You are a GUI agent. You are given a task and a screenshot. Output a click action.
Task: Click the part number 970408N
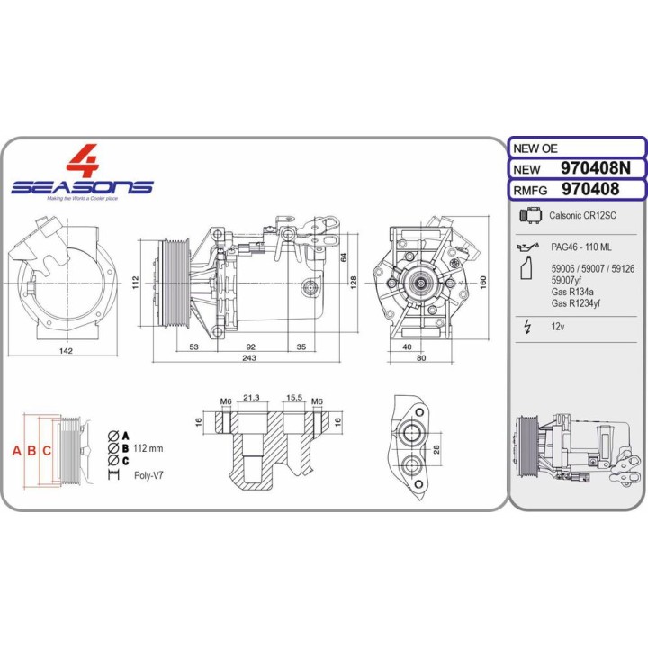tap(596, 168)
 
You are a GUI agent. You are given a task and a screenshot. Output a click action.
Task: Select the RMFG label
tap(530, 191)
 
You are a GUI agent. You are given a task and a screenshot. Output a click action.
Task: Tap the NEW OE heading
tap(535, 148)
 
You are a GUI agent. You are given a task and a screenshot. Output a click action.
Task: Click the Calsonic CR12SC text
tap(582, 215)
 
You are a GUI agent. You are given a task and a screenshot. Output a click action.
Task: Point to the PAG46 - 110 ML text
tap(581, 247)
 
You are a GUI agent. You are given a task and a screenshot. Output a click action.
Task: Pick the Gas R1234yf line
tap(576, 303)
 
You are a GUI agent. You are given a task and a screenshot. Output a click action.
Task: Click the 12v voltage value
tap(557, 327)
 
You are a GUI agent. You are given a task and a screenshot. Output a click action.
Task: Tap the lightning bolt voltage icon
tap(526, 327)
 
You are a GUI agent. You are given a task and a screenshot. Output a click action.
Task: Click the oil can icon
tap(527, 247)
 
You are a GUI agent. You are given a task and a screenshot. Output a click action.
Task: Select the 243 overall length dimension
tap(249, 358)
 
